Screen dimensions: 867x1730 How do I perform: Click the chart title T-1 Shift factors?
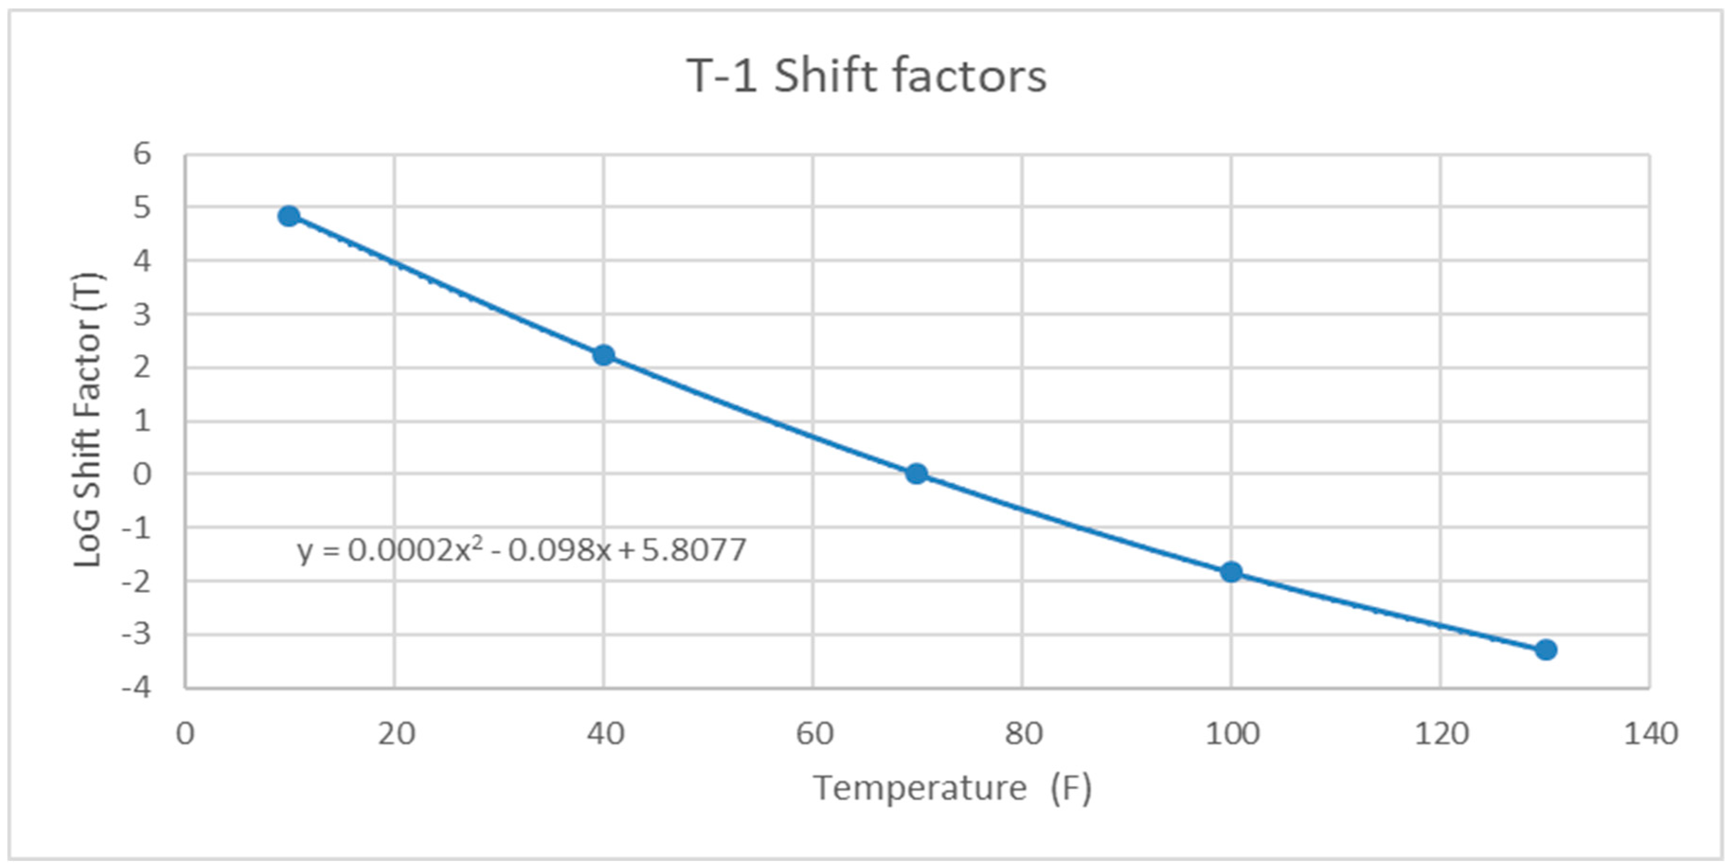click(866, 76)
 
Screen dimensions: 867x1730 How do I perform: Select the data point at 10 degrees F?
click(289, 216)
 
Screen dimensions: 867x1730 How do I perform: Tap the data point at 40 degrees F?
click(604, 355)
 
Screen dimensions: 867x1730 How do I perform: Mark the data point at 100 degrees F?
click(1231, 572)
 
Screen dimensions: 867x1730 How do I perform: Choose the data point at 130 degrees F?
click(1546, 649)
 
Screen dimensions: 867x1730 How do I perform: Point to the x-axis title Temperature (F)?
click(952, 788)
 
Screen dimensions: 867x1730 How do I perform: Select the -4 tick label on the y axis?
click(136, 688)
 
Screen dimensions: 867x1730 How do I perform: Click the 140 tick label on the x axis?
click(1650, 733)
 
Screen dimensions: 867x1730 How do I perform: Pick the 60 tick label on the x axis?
click(814, 733)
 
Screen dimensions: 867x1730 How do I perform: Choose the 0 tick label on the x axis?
click(185, 733)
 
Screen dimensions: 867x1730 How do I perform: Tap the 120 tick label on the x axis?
click(1441, 733)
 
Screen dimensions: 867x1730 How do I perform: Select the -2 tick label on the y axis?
click(136, 581)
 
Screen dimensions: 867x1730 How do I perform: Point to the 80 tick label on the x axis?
click(1023, 733)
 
